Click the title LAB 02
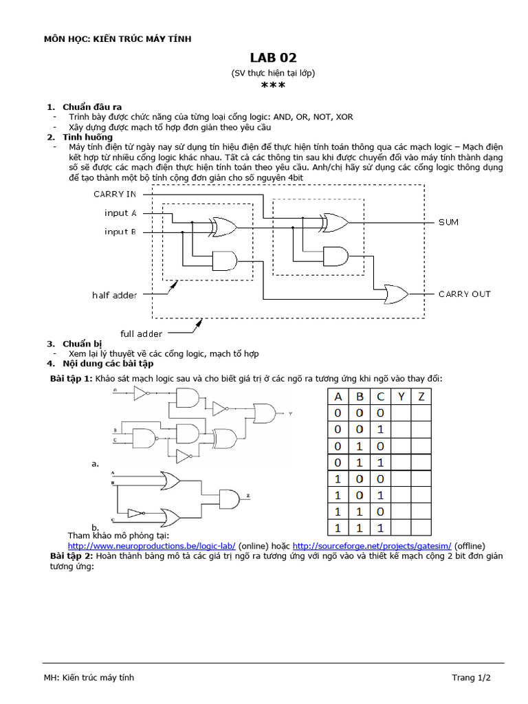(x=273, y=58)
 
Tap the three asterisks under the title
(x=273, y=86)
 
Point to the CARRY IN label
(x=115, y=194)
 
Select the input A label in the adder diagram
(x=120, y=213)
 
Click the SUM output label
(x=448, y=223)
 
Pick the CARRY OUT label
(x=465, y=294)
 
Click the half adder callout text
(x=114, y=295)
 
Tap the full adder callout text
(x=142, y=334)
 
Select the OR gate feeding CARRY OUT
(x=395, y=294)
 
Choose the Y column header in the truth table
(x=401, y=397)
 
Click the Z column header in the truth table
(x=421, y=397)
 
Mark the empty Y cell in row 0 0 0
(x=401, y=413)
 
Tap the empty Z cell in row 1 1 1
(x=421, y=528)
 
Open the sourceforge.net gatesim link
(x=372, y=545)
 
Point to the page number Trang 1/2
(x=471, y=677)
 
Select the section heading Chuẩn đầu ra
(x=92, y=107)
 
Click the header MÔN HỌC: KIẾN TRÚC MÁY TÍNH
(x=118, y=38)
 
